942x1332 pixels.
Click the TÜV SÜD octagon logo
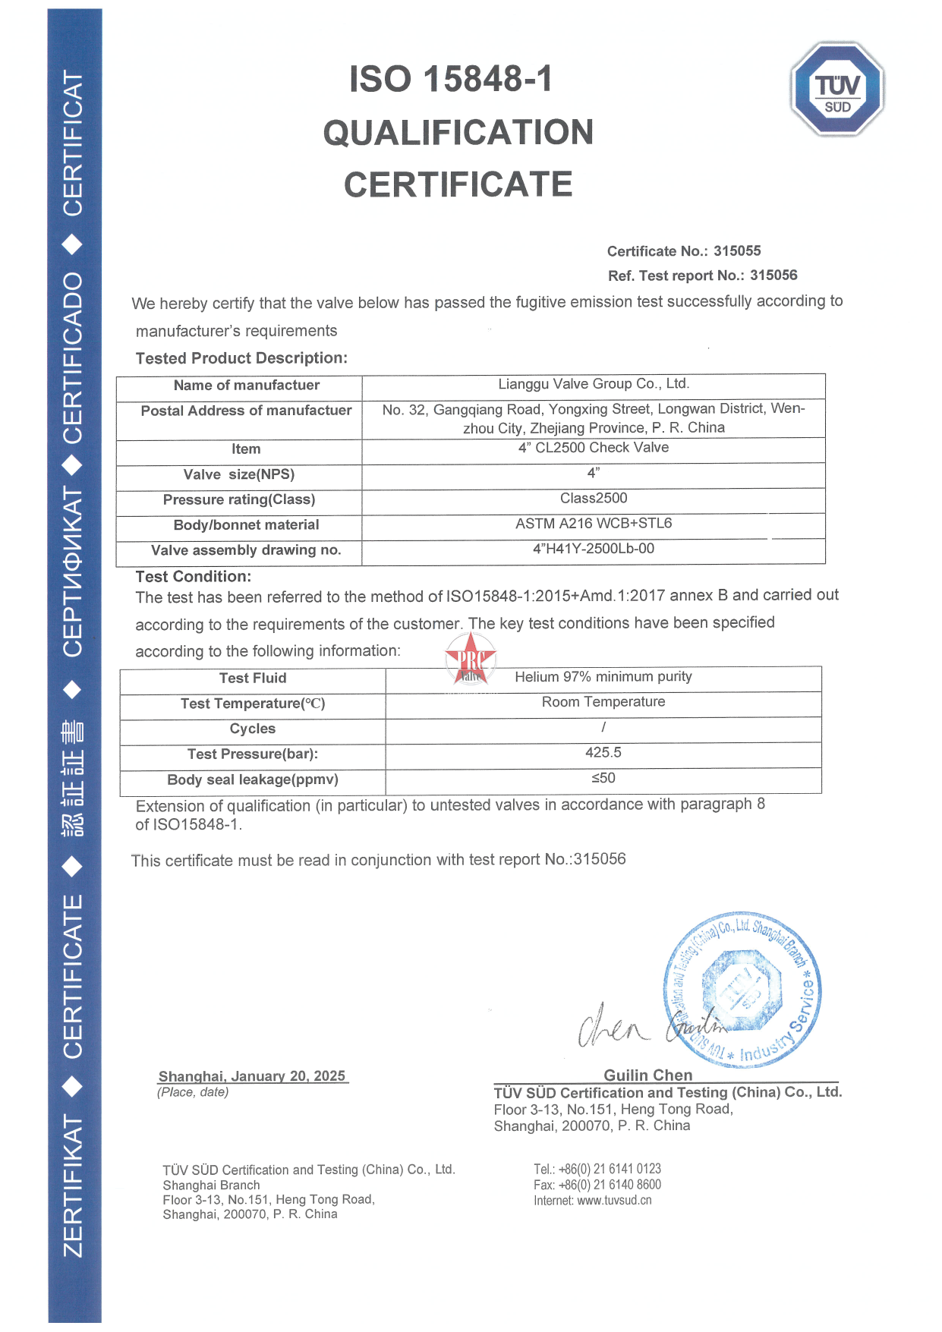837,90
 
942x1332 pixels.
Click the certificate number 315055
737,251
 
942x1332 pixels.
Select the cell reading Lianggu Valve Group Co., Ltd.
594,384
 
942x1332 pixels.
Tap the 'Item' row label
246,449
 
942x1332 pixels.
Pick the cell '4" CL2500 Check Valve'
594,448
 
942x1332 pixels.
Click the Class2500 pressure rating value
594,499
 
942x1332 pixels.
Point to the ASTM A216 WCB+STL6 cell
594,524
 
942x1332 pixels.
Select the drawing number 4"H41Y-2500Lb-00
594,549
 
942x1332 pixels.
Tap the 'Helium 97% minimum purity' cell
603,677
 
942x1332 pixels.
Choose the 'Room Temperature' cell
603,702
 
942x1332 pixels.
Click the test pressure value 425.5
603,753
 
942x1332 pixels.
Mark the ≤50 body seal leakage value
603,778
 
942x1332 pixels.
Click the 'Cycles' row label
253,729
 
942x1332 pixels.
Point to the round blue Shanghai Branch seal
742,988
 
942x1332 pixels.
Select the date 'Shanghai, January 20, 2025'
252,1076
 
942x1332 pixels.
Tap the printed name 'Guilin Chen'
648,1075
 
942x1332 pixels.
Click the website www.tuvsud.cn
614,1201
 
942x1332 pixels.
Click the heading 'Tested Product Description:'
241,358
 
